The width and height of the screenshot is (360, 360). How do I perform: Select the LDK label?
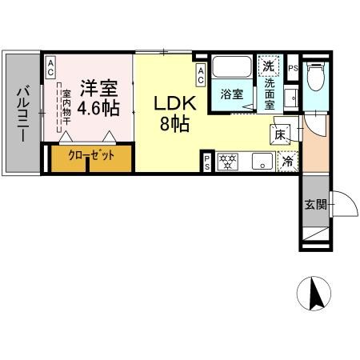click(170, 104)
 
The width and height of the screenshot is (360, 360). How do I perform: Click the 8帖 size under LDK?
click(170, 124)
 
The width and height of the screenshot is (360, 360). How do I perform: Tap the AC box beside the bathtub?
click(201, 75)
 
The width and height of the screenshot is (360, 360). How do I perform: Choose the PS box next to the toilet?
click(294, 68)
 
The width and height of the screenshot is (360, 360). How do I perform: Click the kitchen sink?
click(261, 161)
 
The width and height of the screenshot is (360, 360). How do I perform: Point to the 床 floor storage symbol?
click(282, 134)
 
